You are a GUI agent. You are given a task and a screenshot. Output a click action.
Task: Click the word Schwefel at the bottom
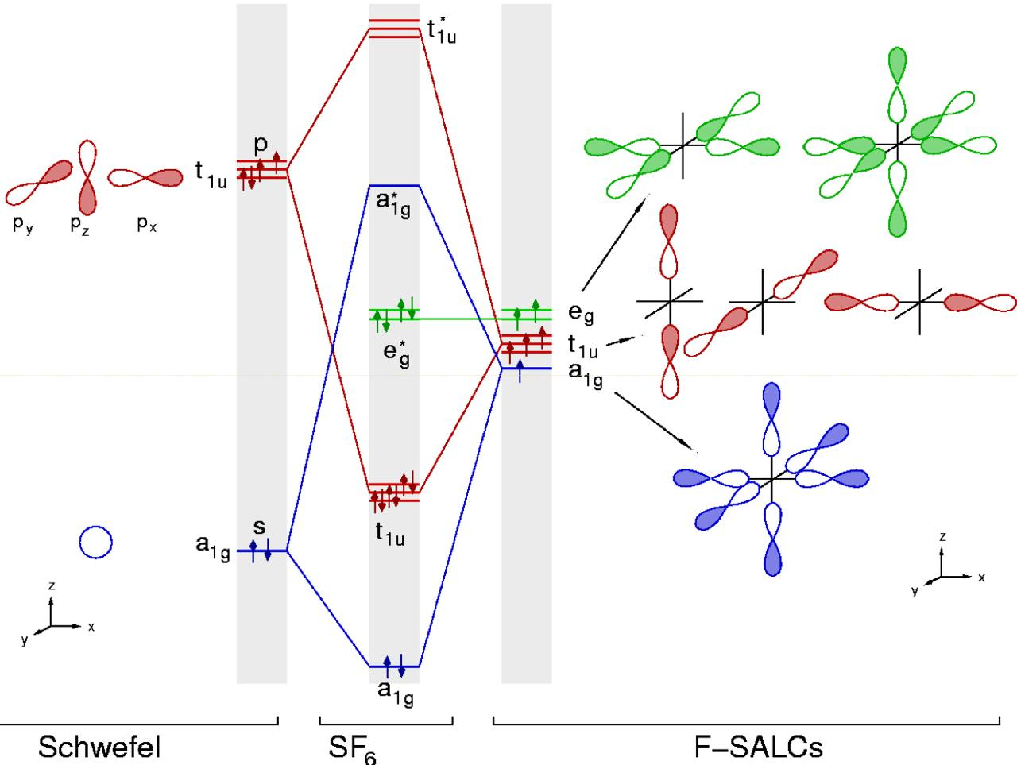pos(100,748)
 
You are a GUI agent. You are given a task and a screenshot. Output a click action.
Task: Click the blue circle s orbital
pos(95,543)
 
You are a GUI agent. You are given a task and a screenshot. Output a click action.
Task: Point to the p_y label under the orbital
pos(22,225)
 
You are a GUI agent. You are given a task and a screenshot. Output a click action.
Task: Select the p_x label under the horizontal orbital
pos(146,225)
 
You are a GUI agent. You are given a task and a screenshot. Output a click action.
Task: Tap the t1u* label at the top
pos(442,29)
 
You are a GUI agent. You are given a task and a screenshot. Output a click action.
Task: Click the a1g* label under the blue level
pos(394,205)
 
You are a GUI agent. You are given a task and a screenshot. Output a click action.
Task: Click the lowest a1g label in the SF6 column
pos(395,694)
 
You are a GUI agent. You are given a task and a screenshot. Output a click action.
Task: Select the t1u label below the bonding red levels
pos(390,534)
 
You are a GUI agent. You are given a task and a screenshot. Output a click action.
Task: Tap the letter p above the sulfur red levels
pos(261,145)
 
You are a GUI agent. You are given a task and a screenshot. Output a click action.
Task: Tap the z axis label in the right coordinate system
pos(942,537)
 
